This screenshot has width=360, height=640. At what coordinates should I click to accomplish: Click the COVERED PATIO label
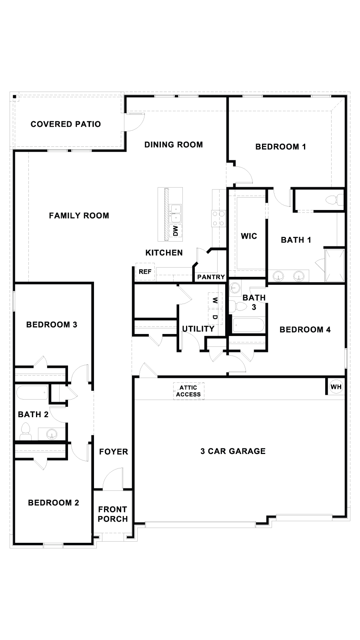[66, 124]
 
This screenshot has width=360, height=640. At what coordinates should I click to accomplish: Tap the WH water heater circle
[336, 387]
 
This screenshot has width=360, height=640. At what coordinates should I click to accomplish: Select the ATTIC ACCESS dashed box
[188, 391]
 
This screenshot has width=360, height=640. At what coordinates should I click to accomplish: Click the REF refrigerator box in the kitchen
[145, 272]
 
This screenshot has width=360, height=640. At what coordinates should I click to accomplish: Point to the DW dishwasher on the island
[175, 230]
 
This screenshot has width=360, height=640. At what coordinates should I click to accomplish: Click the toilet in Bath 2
[26, 431]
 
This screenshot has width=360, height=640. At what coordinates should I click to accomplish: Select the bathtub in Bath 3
[248, 325]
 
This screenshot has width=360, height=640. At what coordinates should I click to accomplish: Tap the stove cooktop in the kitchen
[219, 218]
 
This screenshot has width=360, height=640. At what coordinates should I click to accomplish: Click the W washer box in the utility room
[215, 300]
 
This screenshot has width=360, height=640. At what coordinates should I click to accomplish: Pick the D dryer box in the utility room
[215, 317]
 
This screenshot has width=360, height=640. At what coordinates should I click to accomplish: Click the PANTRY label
[211, 277]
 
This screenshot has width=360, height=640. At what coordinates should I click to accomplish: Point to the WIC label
[249, 236]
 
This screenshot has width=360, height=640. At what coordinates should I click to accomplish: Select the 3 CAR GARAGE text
[233, 451]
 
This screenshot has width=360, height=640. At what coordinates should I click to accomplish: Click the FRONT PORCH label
[113, 514]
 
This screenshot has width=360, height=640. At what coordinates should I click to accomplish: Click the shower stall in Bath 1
[334, 265]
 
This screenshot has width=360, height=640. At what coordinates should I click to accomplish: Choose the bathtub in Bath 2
[32, 392]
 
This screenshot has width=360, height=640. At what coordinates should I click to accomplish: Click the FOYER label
[114, 452]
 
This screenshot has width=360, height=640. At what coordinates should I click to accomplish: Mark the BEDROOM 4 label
[305, 330]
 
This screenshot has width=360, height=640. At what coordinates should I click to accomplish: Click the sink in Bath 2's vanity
[51, 434]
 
